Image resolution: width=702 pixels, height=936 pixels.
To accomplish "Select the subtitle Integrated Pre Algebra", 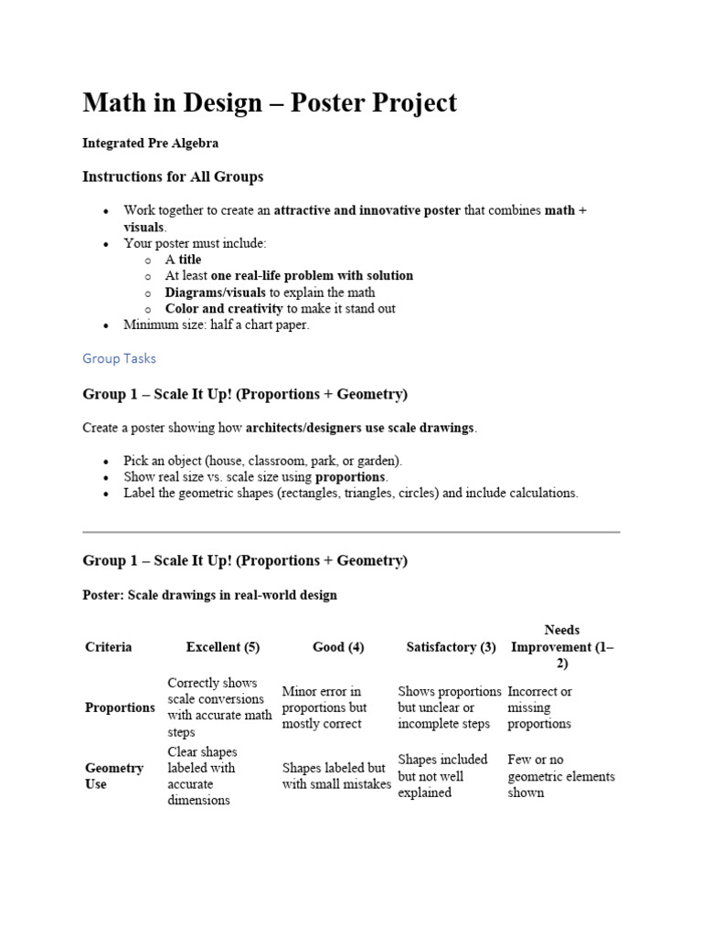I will (151, 144).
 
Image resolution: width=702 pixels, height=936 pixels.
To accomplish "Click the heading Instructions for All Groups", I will (173, 176).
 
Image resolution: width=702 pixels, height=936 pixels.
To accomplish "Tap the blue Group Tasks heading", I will (120, 358).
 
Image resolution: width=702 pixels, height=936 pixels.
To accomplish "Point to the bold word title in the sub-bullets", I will (190, 260).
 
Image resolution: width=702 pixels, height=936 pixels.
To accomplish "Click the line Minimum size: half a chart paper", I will (217, 325).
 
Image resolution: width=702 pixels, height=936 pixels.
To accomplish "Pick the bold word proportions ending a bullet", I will (351, 477).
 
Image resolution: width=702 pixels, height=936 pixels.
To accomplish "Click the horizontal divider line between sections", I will (351, 531).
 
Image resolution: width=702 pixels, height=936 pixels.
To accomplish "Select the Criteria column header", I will (109, 647).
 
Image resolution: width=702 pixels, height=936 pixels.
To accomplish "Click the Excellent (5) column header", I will (223, 647).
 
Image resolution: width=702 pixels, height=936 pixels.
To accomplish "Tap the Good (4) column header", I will (338, 647).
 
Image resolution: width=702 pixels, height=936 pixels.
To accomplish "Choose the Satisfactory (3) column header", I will (451, 647).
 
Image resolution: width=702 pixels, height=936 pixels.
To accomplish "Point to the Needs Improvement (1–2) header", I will (562, 647).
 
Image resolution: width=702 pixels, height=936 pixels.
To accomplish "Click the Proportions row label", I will (120, 707).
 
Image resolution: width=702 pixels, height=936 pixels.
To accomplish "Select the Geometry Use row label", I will (114, 776).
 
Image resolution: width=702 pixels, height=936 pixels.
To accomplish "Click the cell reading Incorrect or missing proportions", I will (539, 707).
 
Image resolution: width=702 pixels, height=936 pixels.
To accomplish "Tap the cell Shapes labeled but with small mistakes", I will (336, 776).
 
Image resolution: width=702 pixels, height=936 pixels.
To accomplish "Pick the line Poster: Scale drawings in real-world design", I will (210, 595).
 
